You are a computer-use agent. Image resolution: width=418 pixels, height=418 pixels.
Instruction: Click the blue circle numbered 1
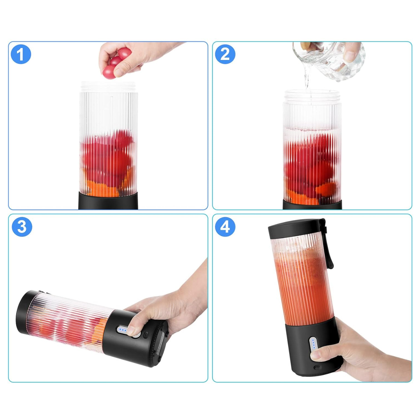21,54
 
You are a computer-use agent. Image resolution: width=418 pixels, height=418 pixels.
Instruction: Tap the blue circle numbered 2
225,54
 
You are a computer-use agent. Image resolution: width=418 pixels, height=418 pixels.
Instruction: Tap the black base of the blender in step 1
108,201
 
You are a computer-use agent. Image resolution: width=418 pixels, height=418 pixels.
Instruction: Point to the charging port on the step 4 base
317,367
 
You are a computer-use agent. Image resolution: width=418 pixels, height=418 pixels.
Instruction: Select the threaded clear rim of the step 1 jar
108,87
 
